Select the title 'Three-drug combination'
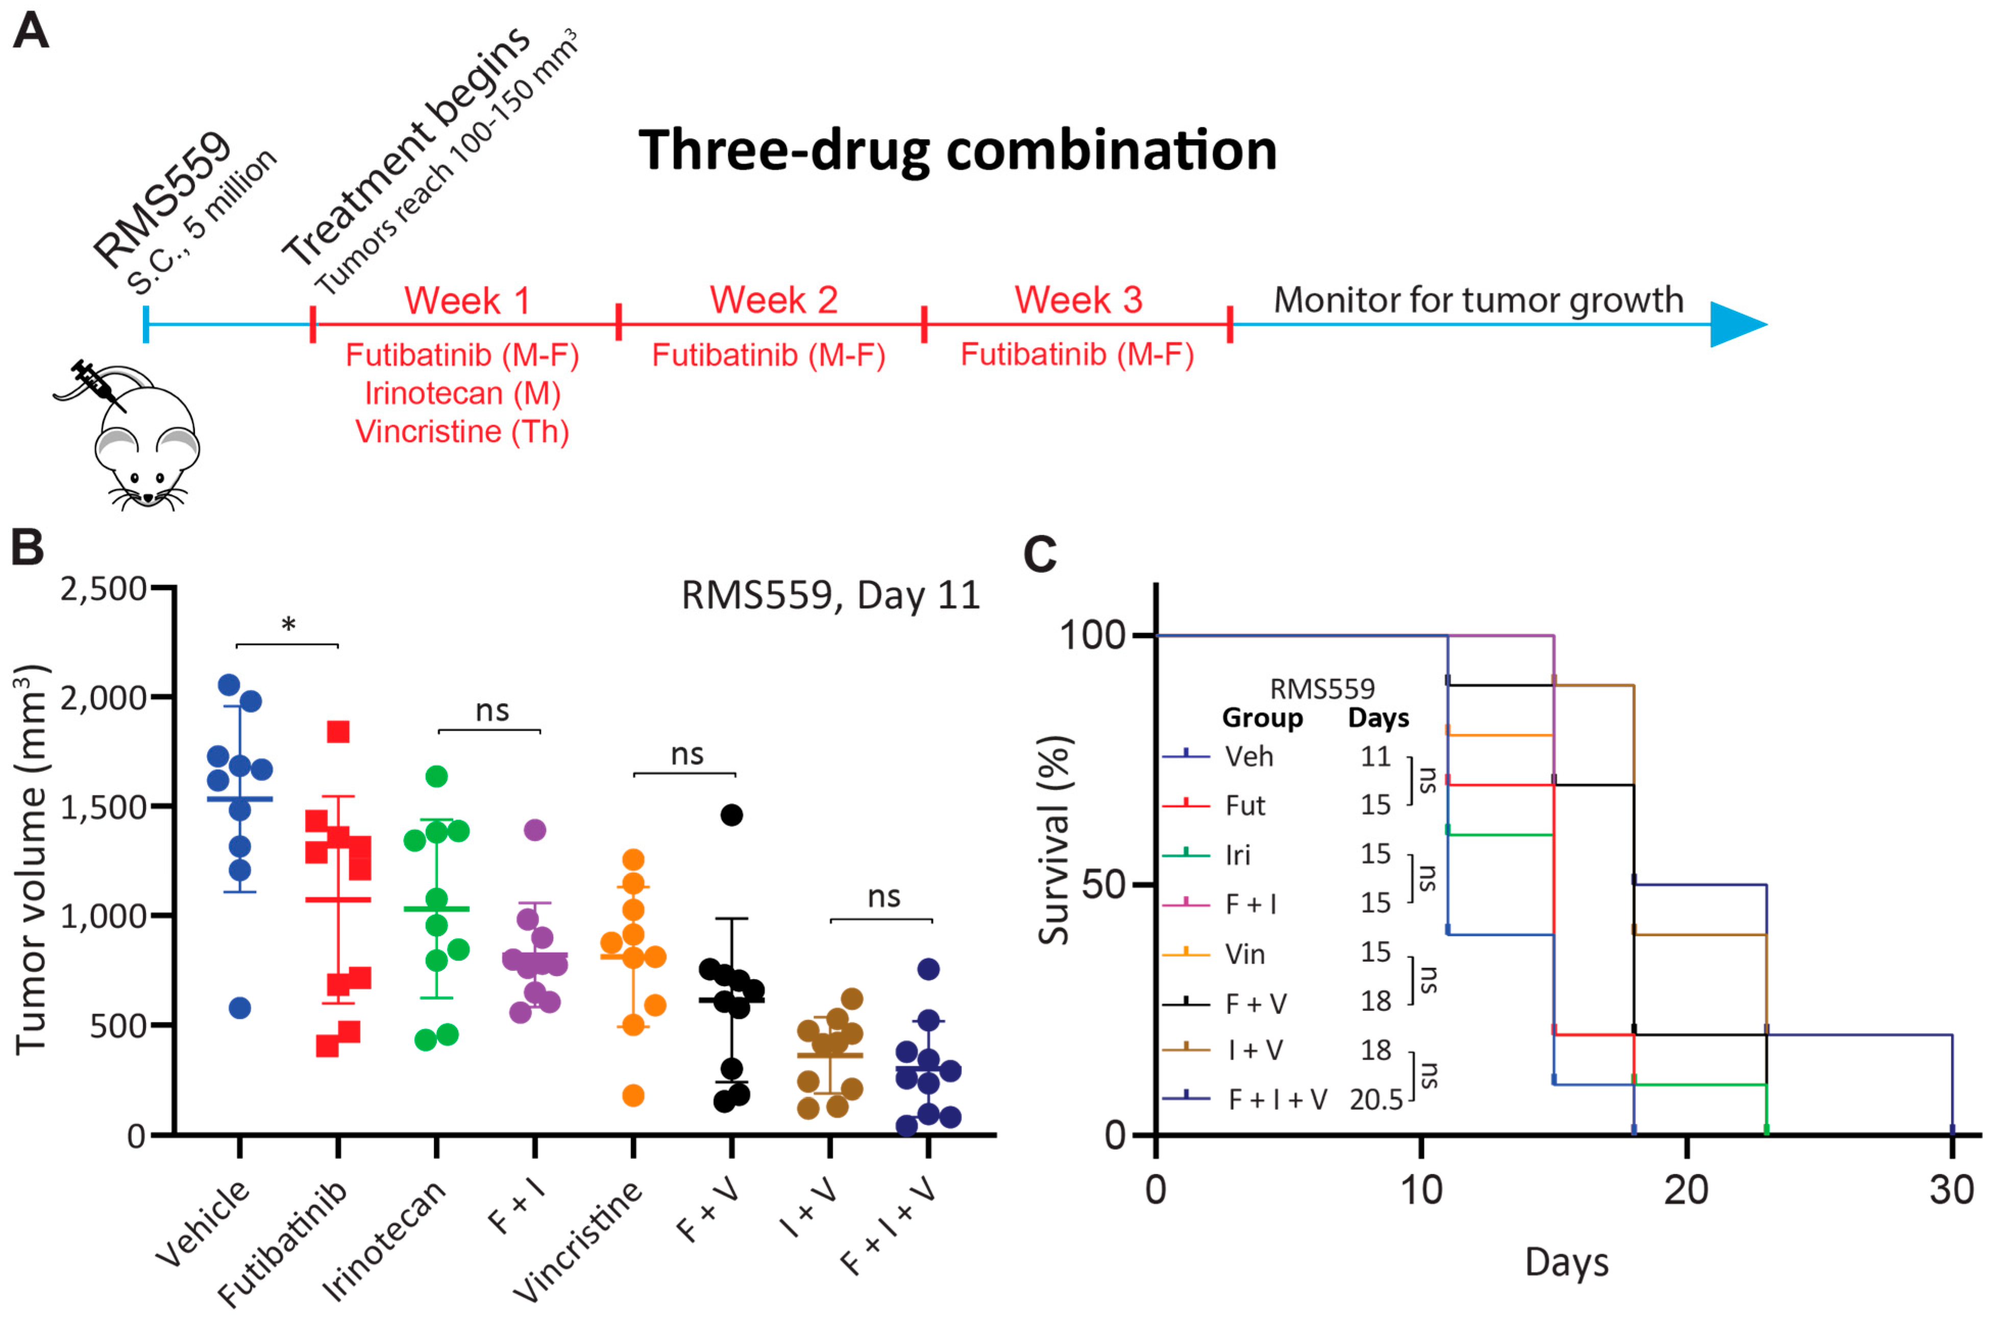point(957,151)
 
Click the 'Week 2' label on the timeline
point(773,300)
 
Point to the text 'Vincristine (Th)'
point(462,431)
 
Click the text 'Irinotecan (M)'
point(462,394)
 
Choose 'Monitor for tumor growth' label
point(1479,300)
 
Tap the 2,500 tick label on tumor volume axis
point(104,589)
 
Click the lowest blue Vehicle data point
point(240,1008)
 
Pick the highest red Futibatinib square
point(338,732)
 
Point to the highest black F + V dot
point(732,815)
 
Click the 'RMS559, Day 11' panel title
point(830,596)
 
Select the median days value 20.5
point(1376,1100)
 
